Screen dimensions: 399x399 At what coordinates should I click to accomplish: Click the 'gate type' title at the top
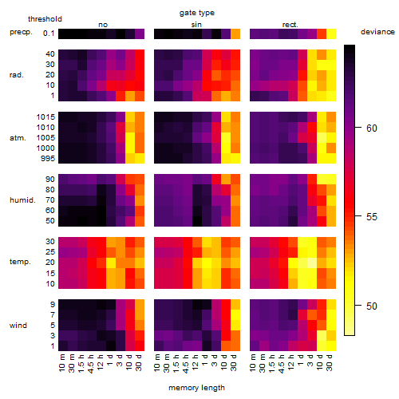(x=197, y=13)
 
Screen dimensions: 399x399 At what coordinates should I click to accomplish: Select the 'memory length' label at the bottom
(x=196, y=388)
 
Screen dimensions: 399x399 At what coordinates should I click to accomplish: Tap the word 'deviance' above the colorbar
(x=377, y=32)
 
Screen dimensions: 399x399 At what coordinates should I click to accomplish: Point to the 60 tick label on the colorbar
(x=372, y=128)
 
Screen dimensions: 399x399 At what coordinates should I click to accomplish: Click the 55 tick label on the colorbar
(x=372, y=217)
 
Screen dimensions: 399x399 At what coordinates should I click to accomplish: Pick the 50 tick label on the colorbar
(x=372, y=306)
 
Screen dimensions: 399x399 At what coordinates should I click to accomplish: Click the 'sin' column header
(x=196, y=25)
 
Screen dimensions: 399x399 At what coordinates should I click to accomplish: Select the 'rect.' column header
(x=290, y=25)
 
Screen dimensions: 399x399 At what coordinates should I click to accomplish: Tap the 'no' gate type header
(x=103, y=25)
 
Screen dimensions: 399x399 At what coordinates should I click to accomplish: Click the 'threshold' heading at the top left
(x=45, y=19)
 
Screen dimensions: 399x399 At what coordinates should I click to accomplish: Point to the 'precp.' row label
(x=21, y=32)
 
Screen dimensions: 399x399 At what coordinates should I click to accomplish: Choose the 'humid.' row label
(x=22, y=200)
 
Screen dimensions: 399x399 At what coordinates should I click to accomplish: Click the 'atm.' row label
(x=18, y=138)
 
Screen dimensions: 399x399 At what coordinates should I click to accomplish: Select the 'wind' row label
(x=18, y=326)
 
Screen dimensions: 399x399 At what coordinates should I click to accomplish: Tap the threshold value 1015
(x=45, y=117)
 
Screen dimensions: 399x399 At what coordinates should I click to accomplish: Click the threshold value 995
(x=48, y=159)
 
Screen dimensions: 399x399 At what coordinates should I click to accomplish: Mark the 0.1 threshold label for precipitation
(x=49, y=34)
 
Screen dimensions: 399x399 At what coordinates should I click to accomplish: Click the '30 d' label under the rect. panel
(x=330, y=362)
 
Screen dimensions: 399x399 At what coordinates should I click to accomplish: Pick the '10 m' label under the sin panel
(x=157, y=362)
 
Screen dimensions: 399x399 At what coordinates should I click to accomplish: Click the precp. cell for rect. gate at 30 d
(x=331, y=34)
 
